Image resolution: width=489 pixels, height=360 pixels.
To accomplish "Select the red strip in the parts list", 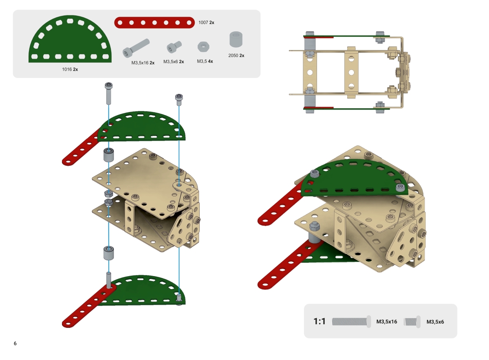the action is pos(154,22).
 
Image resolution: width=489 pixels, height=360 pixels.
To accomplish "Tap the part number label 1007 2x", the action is pos(206,22).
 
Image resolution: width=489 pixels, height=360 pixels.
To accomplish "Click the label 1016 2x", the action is pos(70,69).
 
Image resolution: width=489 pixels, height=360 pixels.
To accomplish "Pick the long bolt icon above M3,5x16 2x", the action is pos(136,48).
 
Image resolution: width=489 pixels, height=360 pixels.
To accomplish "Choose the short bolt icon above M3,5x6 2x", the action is pos(174,47).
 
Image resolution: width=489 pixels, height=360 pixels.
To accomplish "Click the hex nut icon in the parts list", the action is pos(203,47).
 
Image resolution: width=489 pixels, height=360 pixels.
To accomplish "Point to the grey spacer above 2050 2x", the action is pos(236,39).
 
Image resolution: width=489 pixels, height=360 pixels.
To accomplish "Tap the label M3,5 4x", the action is pos(205,61).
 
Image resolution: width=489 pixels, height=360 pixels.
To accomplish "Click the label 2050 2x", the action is pos(236,56).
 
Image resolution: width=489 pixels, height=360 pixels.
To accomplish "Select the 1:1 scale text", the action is pos(319,321).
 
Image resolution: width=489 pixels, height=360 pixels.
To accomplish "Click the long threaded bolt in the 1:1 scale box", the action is pos(351,322).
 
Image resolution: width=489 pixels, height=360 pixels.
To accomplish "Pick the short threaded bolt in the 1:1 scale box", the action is pos(412,322).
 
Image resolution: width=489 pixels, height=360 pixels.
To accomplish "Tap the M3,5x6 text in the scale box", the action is pos(435,322).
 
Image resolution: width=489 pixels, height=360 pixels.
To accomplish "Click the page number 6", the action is pos(15,343).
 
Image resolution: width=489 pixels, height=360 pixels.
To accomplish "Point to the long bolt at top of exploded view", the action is pos(108,93).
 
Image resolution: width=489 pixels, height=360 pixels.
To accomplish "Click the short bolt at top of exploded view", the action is pos(179,100).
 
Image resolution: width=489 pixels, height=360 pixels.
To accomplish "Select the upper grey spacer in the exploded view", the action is pos(108,155).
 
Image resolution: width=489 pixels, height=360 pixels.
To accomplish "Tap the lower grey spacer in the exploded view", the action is pos(108,253).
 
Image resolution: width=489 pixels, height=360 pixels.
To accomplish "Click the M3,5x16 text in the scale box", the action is pos(387,322).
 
